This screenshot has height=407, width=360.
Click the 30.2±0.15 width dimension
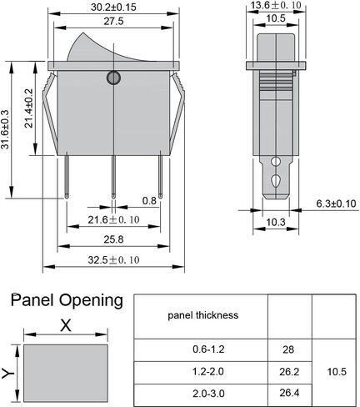click(113, 8)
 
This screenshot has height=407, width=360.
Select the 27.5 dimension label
click(113, 22)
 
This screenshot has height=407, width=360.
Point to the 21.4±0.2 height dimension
click(28, 108)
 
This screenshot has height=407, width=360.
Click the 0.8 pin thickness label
click(149, 201)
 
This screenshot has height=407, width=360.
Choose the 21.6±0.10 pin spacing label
click(113, 220)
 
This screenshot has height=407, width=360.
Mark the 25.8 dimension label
click(113, 239)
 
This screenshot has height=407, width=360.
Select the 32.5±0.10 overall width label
click(113, 260)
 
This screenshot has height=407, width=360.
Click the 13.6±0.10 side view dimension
click(276, 5)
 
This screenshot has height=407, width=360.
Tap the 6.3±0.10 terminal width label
click(336, 203)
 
